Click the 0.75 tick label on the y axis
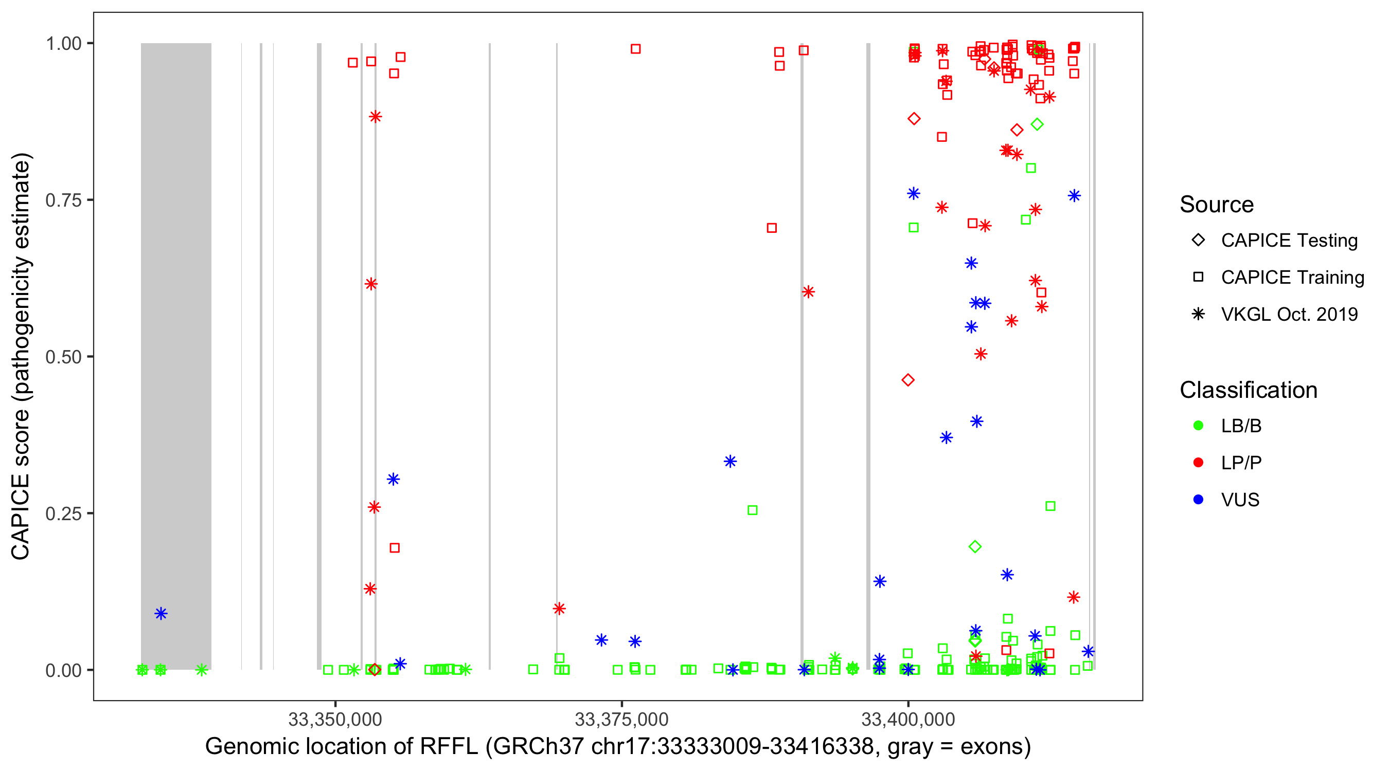(x=63, y=200)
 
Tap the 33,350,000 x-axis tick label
(x=335, y=719)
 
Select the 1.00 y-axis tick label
(x=63, y=44)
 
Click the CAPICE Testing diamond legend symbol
(x=1198, y=241)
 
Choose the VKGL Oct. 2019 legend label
(x=1289, y=314)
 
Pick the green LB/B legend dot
(x=1198, y=426)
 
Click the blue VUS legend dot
(x=1198, y=500)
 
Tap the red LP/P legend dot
(x=1198, y=463)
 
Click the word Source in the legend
(x=1217, y=205)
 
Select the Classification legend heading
(x=1248, y=390)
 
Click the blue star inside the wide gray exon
(x=161, y=613)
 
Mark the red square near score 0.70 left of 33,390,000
(x=772, y=228)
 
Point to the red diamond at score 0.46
(x=908, y=380)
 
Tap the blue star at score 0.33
(x=730, y=461)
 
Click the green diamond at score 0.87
(x=1037, y=124)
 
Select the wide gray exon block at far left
(x=176, y=356)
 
